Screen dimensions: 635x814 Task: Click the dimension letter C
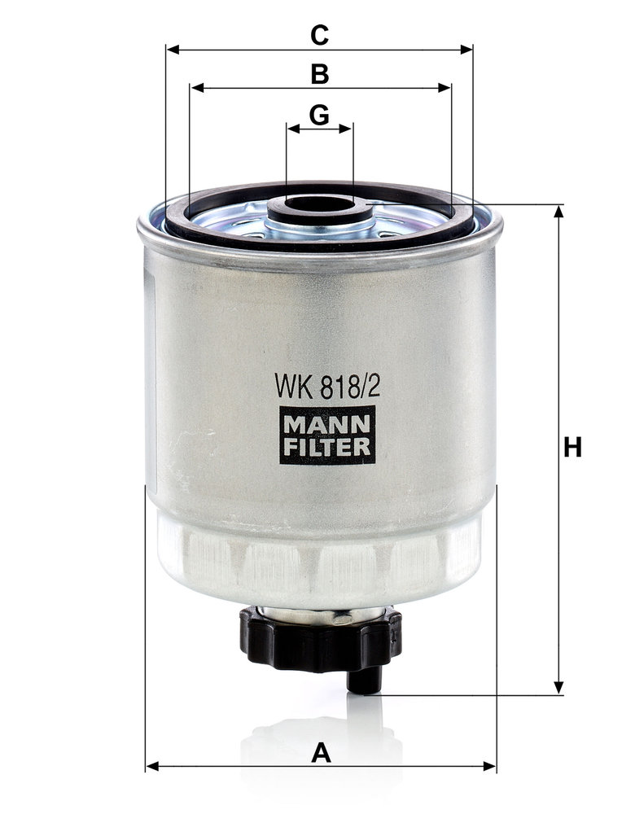click(x=319, y=35)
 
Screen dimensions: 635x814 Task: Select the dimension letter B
click(x=320, y=74)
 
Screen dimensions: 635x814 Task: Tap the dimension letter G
click(x=319, y=115)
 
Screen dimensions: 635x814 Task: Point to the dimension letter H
click(x=572, y=448)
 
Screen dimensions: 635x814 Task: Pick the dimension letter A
click(x=321, y=753)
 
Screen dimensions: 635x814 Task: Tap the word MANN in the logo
click(x=327, y=424)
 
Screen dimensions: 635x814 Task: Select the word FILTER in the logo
click(x=327, y=446)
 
